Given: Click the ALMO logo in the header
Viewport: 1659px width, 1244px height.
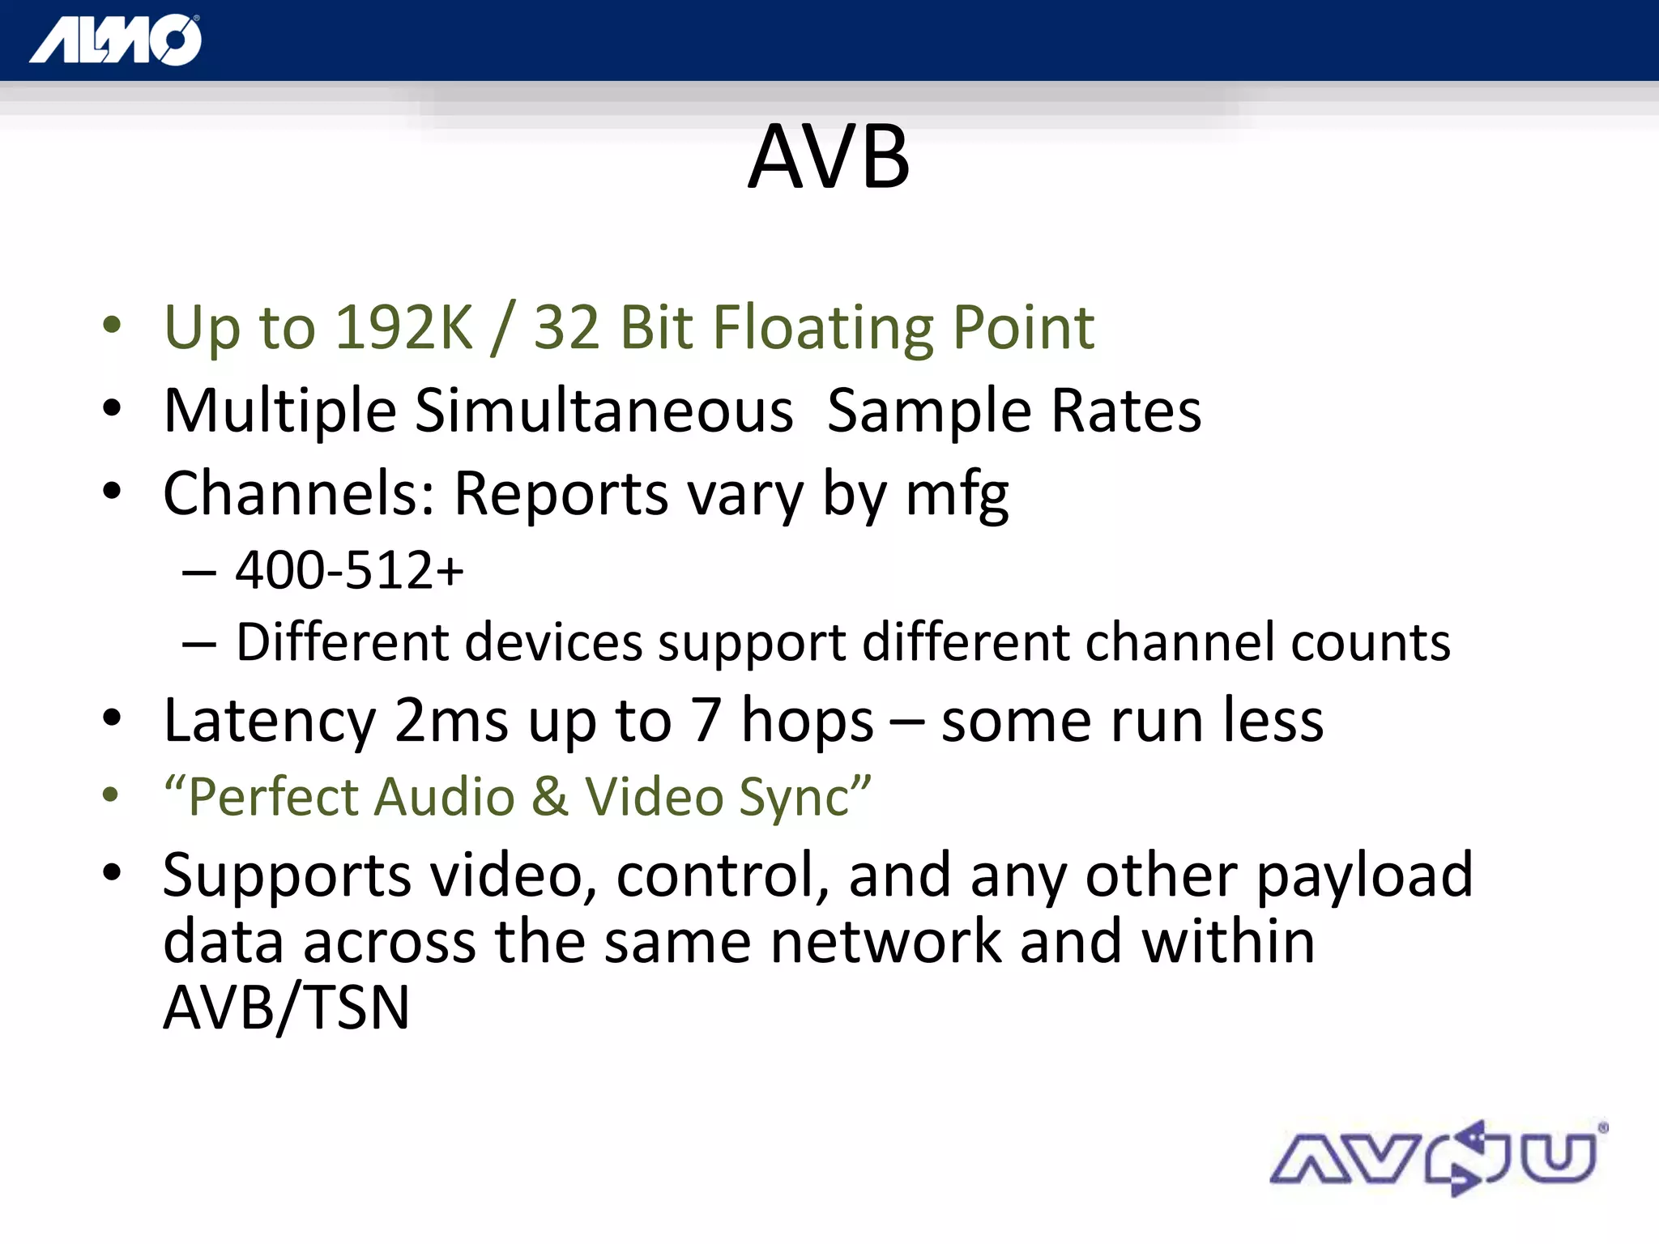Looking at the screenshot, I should pyautogui.click(x=116, y=40).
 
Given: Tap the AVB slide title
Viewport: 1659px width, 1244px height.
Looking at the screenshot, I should pyautogui.click(x=829, y=157).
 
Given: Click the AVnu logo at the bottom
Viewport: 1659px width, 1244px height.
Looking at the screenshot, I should pyautogui.click(x=1438, y=1158).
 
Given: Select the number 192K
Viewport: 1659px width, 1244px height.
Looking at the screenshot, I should pyautogui.click(x=403, y=328).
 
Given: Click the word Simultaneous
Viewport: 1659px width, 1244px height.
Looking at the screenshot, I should pyautogui.click(x=603, y=411).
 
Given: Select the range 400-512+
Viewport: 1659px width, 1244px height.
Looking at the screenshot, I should pyautogui.click(x=349, y=570).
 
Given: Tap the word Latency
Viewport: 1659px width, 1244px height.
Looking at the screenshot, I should pyautogui.click(x=270, y=721).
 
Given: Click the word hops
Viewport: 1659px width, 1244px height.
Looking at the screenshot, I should pyautogui.click(x=807, y=721).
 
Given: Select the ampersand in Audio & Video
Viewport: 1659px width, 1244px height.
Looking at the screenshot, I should pyautogui.click(x=550, y=797).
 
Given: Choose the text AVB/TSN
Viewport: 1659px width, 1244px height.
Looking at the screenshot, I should pyautogui.click(x=286, y=1008).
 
